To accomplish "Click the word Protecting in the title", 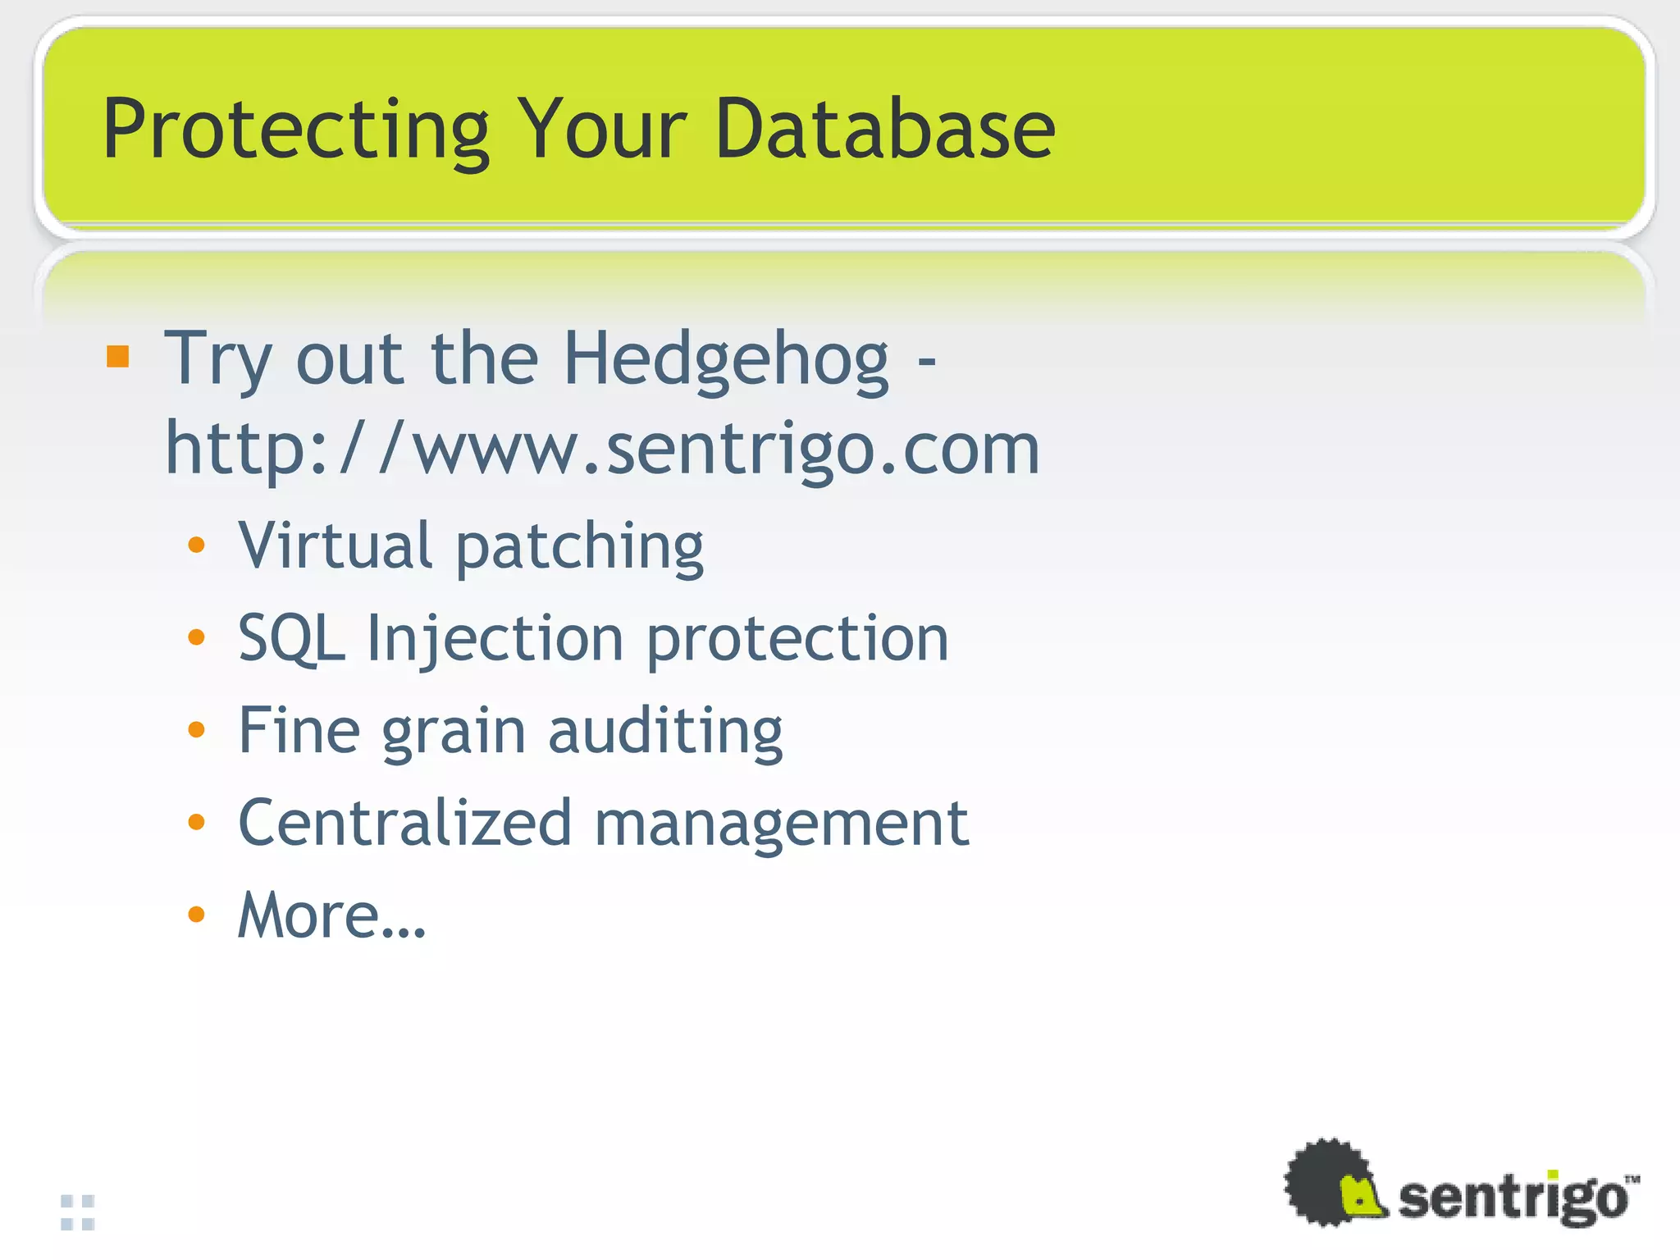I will click(x=295, y=130).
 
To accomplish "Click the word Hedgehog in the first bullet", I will click(x=726, y=359).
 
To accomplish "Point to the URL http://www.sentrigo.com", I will click(x=602, y=449).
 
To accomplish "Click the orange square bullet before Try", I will click(x=118, y=357).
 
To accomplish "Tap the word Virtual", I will click(x=335, y=545).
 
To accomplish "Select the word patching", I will click(x=579, y=548).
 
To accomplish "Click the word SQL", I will click(x=291, y=638).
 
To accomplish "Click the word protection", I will click(x=797, y=640).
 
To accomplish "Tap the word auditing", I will click(x=665, y=732).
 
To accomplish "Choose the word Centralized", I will click(x=404, y=823).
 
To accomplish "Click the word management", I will click(x=781, y=825).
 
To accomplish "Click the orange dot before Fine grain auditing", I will click(x=196, y=729).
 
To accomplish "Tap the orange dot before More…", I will click(x=196, y=914).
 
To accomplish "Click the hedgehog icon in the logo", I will click(x=1334, y=1183).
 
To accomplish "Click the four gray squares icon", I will click(x=78, y=1212).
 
